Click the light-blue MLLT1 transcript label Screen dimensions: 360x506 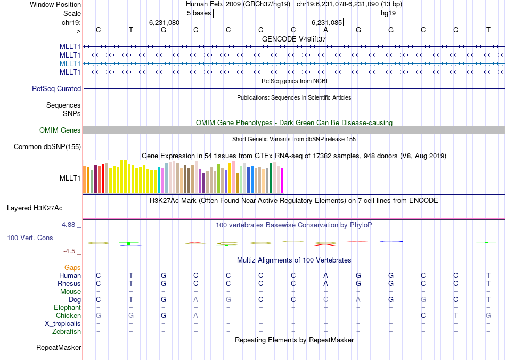(x=70, y=63)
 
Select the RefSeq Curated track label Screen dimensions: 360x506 (x=56, y=89)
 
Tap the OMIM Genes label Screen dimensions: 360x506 (x=60, y=130)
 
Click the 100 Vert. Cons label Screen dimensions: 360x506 (x=30, y=238)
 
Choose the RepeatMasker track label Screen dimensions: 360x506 (x=59, y=348)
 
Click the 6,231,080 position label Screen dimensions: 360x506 (x=164, y=23)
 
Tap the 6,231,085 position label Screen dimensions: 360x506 (x=327, y=23)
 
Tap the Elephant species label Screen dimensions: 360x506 (x=67, y=308)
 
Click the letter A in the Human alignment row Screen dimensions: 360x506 (x=326, y=276)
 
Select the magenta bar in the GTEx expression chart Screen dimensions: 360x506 (x=282, y=181)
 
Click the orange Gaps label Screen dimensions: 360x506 (x=72, y=267)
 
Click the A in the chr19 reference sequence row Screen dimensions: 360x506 (x=326, y=30)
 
